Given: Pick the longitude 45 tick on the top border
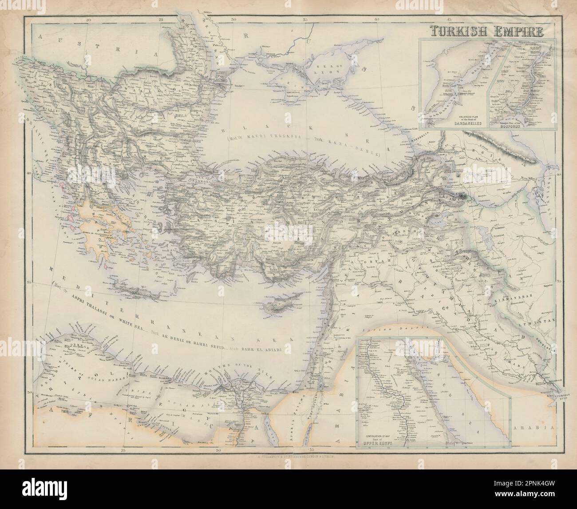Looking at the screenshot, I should click(x=448, y=20).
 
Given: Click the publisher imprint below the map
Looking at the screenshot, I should click(x=289, y=456).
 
